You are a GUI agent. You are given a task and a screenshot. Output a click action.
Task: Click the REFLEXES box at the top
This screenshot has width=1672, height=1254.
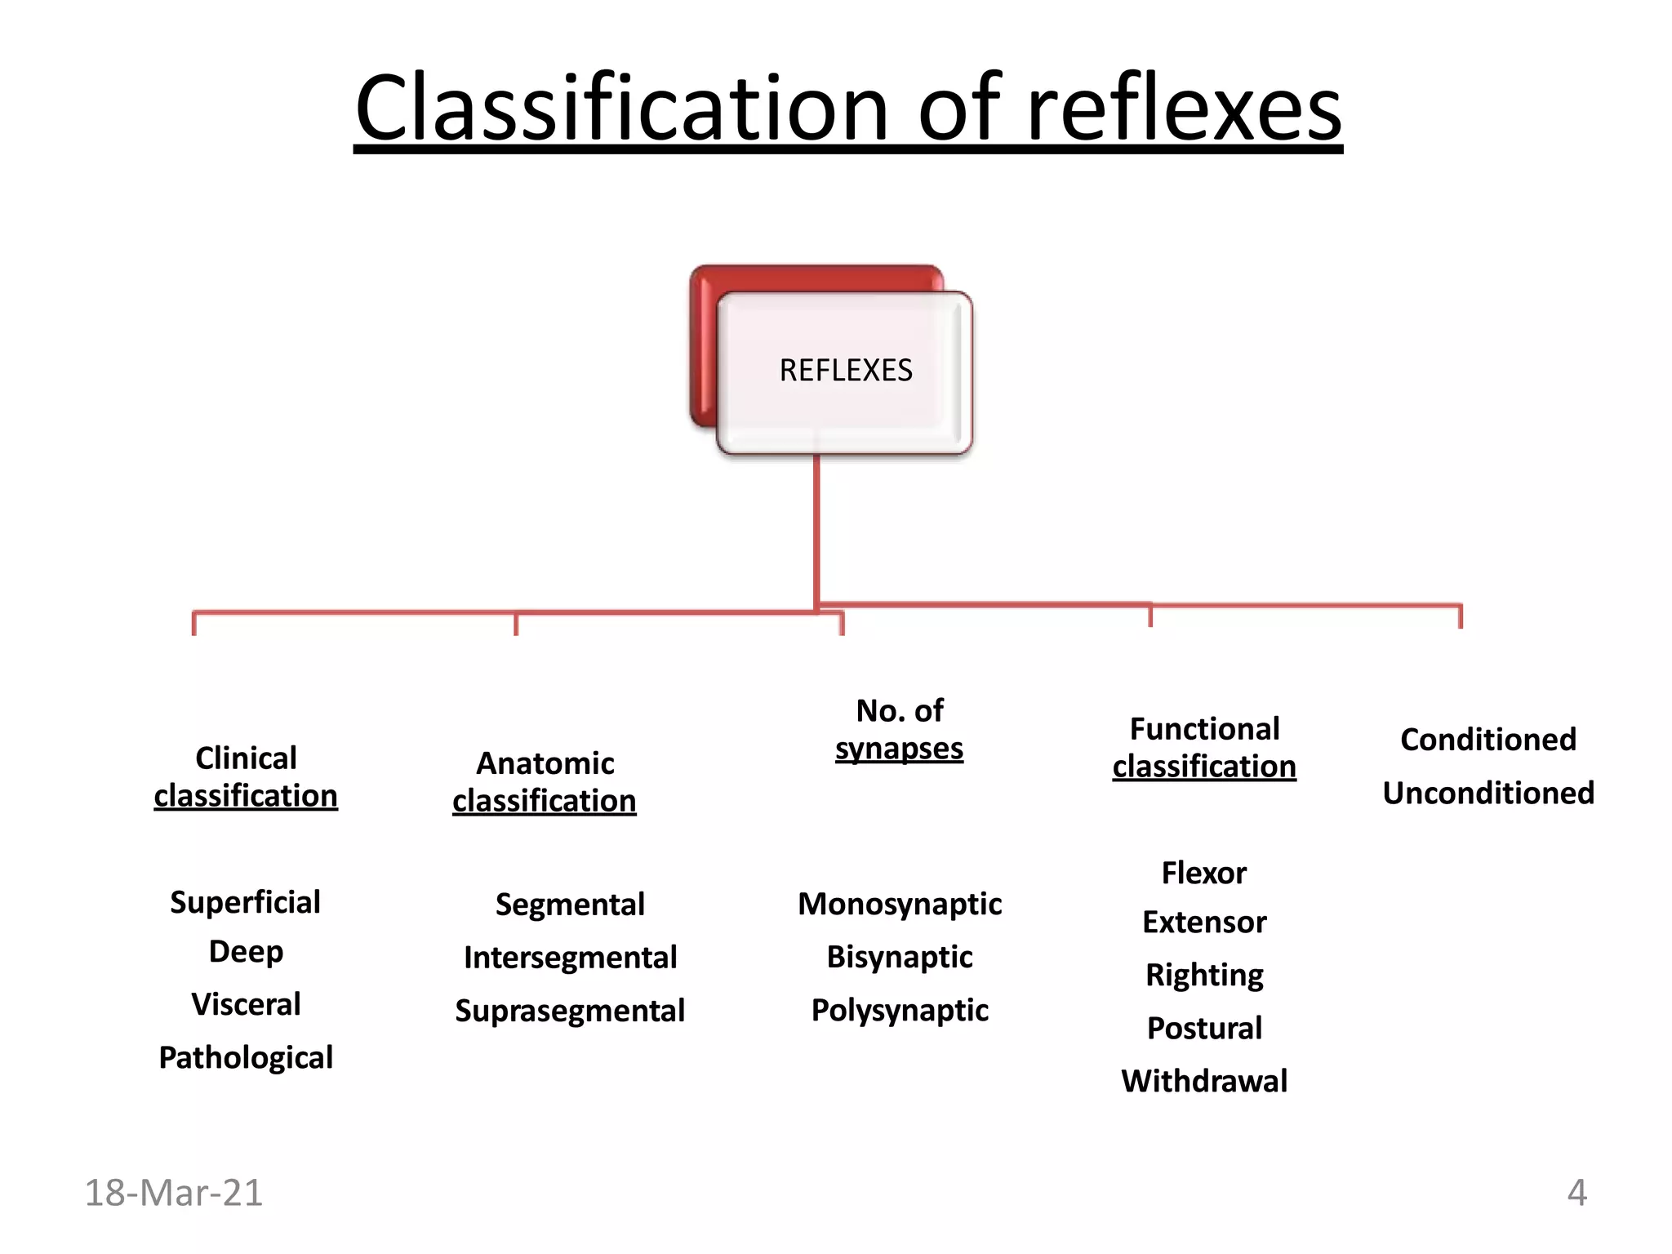pyautogui.click(x=845, y=371)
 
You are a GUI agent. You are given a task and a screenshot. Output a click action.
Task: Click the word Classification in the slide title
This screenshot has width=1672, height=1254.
pyautogui.click(x=620, y=109)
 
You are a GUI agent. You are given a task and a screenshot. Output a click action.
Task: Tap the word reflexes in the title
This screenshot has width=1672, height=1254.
pyautogui.click(x=1183, y=109)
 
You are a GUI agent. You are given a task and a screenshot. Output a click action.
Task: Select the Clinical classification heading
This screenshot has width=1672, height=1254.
pyautogui.click(x=246, y=777)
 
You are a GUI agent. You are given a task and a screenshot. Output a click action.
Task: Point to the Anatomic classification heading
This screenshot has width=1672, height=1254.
pyautogui.click(x=545, y=782)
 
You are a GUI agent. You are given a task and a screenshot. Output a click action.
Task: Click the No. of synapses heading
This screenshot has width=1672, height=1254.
pyautogui.click(x=899, y=729)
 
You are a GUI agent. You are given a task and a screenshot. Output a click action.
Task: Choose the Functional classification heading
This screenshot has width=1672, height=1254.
pyautogui.click(x=1204, y=747)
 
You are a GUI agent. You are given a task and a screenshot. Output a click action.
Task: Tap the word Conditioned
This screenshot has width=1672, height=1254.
pyautogui.click(x=1487, y=740)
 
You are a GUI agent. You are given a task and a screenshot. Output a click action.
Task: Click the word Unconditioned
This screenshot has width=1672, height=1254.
pyautogui.click(x=1487, y=793)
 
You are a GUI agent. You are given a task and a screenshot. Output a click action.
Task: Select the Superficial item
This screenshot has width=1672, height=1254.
pyautogui.click(x=245, y=902)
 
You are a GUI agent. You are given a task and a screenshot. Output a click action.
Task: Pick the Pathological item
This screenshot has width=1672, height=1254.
pyautogui.click(x=246, y=1057)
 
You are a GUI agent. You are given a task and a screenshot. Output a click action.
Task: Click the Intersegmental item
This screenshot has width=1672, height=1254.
pyautogui.click(x=570, y=958)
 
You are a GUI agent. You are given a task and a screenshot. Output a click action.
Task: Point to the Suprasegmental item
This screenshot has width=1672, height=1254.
pyautogui.click(x=570, y=1011)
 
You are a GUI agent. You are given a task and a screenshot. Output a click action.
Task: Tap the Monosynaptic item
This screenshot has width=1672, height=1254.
pyautogui.click(x=900, y=904)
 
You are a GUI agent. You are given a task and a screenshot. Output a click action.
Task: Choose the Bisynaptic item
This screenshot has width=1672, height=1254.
pyautogui.click(x=900, y=957)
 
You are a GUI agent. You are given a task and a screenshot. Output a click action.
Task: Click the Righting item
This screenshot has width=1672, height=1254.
pyautogui.click(x=1204, y=975)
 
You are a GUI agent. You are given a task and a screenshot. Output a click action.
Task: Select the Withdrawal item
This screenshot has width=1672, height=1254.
pyautogui.click(x=1204, y=1081)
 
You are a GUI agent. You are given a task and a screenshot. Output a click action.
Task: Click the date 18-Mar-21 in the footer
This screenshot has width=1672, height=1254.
pyautogui.click(x=174, y=1193)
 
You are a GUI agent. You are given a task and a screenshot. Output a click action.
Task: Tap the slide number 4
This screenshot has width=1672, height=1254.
pyautogui.click(x=1576, y=1193)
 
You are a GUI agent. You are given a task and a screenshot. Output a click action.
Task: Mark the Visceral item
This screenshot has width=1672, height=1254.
pyautogui.click(x=246, y=1004)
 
